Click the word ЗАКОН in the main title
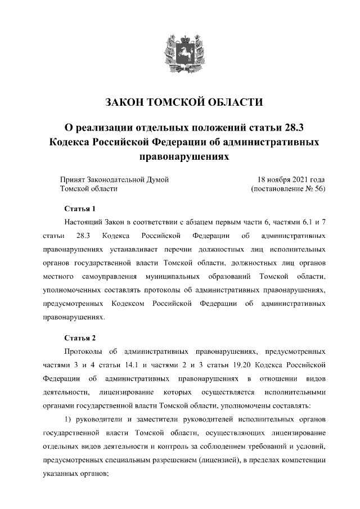tap(124, 102)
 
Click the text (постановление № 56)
tap(288, 189)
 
